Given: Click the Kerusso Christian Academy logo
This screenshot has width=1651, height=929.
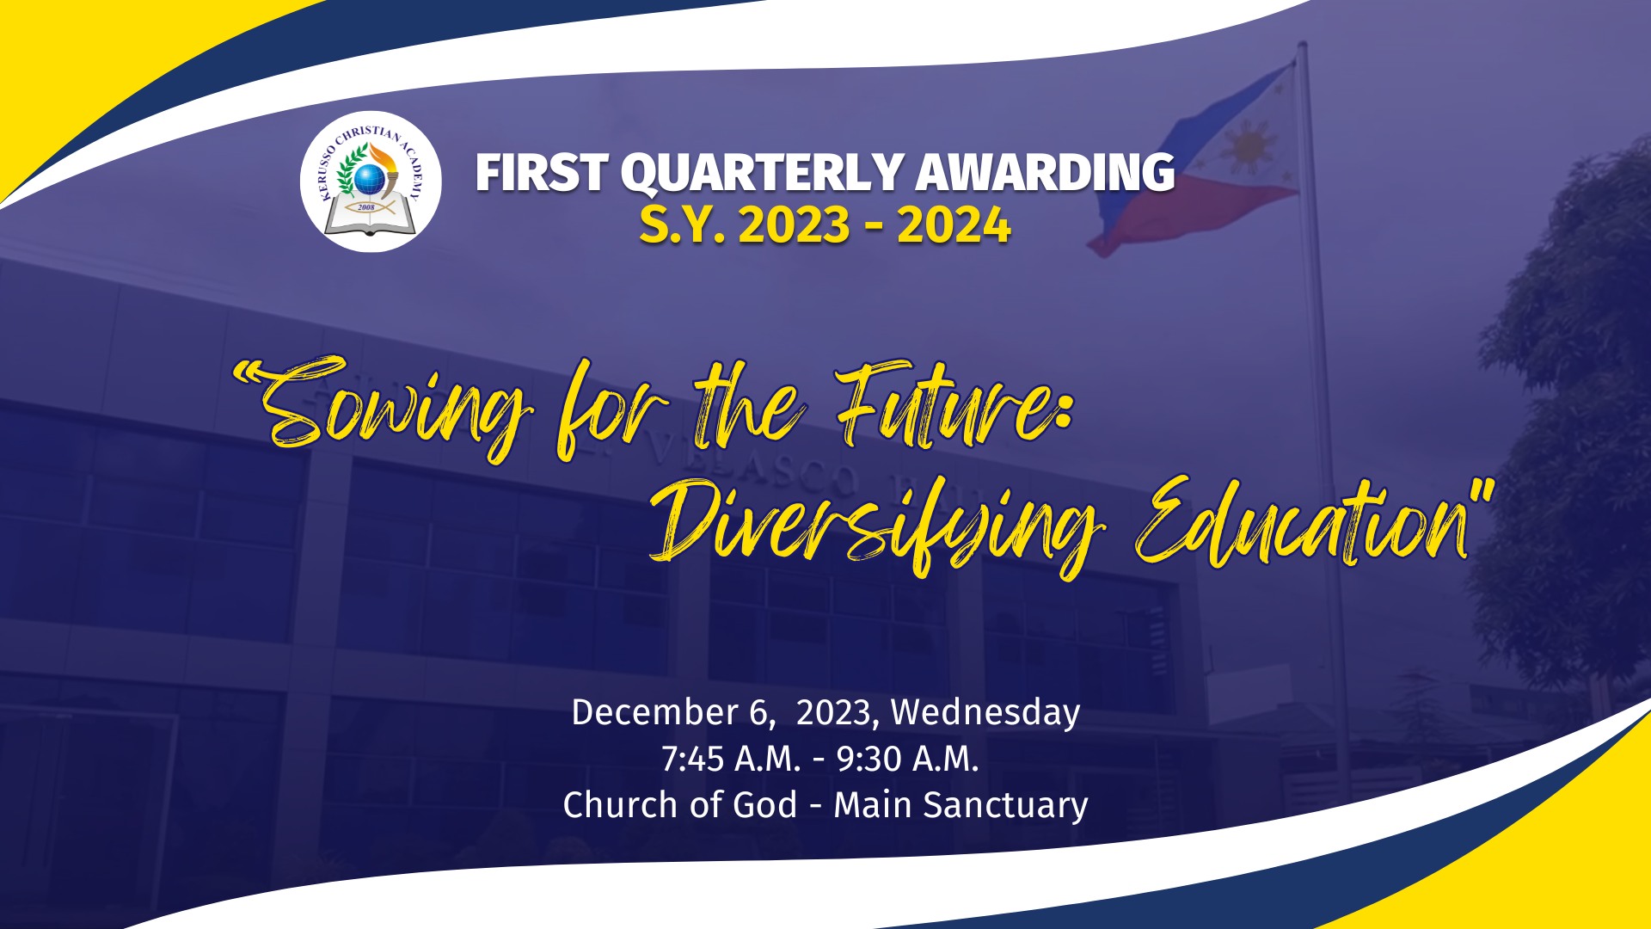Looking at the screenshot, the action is coord(371,181).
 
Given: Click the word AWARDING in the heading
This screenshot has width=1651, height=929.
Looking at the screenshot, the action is coord(1045,172).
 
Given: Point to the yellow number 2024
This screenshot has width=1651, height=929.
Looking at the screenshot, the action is coord(954,226).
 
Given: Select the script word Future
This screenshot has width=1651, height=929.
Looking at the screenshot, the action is coord(954,404).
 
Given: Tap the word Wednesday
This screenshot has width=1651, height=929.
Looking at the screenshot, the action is coord(985,713).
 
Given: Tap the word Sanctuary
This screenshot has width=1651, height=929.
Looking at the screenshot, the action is coord(1005,806).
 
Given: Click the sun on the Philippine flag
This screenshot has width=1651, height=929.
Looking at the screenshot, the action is coord(1248,147).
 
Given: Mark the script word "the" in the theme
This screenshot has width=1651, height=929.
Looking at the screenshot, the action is coord(748,404).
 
